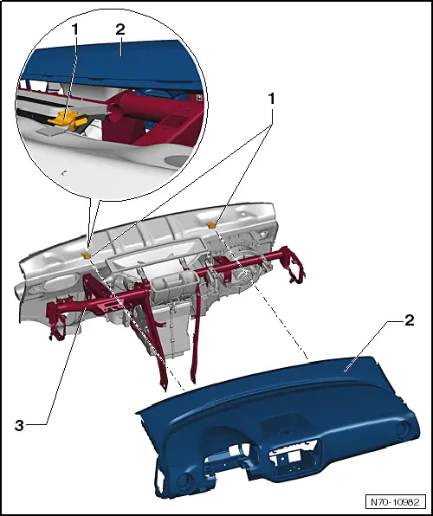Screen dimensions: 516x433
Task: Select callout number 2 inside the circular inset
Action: [121, 28]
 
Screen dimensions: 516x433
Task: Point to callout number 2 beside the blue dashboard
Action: [407, 319]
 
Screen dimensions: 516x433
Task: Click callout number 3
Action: [18, 425]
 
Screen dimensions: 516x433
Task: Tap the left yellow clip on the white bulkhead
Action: [87, 255]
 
